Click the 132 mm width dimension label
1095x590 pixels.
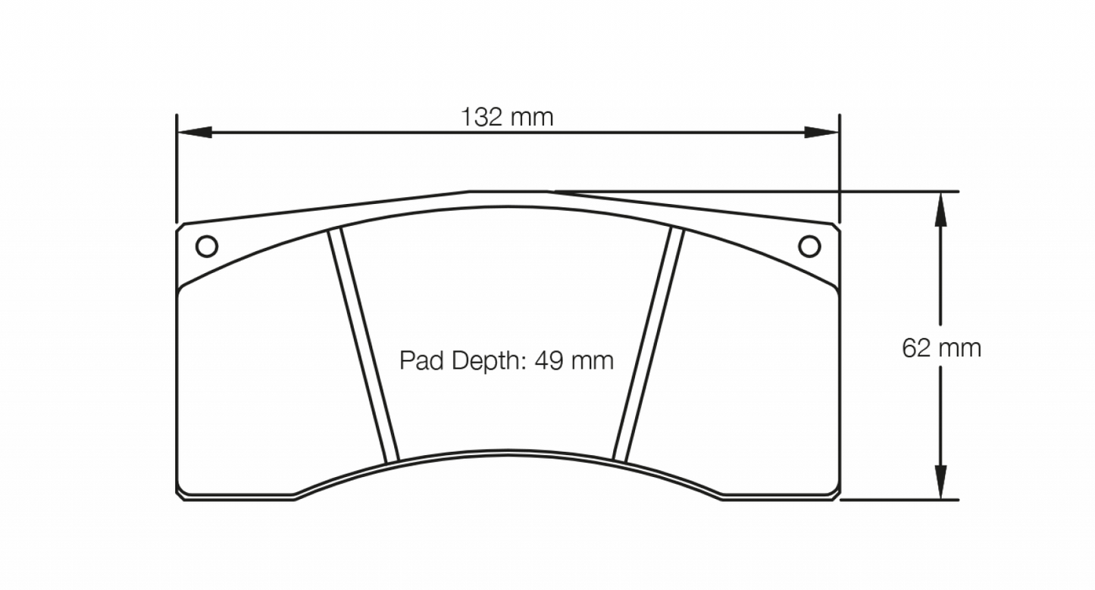coord(507,118)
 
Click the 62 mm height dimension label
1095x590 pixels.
coord(940,348)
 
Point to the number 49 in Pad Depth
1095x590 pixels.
coord(549,360)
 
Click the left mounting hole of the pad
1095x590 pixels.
coord(206,246)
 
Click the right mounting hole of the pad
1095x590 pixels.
coord(809,246)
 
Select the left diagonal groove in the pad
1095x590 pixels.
coord(362,345)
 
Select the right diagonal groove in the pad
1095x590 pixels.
coord(649,345)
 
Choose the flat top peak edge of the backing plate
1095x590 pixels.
coord(508,191)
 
